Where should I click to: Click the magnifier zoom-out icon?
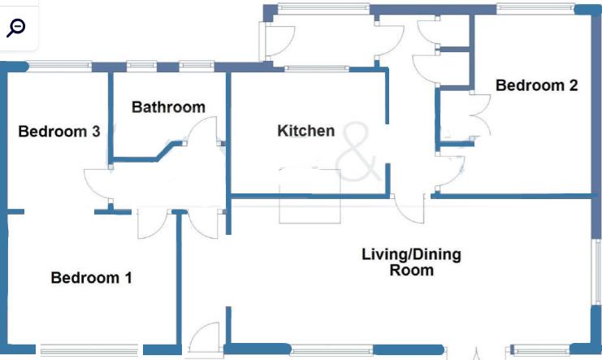point(16,27)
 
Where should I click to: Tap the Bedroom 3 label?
point(59,132)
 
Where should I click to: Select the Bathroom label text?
point(168,107)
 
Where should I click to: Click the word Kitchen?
point(305,131)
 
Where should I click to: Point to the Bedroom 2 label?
point(536,85)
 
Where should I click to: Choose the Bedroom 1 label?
point(91,278)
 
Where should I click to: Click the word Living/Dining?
point(411,254)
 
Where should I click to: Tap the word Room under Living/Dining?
point(411,271)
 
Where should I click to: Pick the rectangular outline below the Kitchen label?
point(310,195)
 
